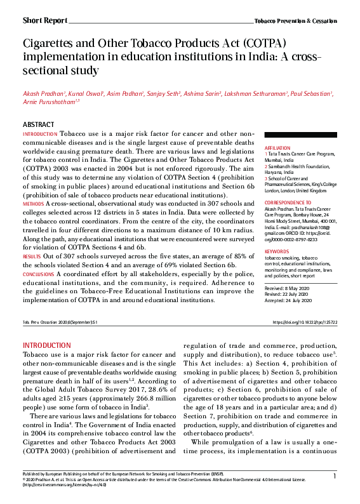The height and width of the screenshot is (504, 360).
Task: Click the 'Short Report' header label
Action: pyautogui.click(x=44, y=20)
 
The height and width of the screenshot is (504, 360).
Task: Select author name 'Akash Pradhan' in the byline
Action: pyautogui.click(x=43, y=94)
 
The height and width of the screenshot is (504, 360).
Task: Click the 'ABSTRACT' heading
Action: pyautogui.click(x=38, y=125)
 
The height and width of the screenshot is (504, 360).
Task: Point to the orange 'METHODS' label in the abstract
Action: pyautogui.click(x=33, y=204)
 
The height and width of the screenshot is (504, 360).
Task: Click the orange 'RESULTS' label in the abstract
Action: pyautogui.click(x=32, y=256)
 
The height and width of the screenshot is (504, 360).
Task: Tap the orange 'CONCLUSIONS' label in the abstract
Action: pyautogui.click(x=38, y=274)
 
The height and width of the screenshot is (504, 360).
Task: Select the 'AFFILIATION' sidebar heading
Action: pyautogui.click(x=277, y=147)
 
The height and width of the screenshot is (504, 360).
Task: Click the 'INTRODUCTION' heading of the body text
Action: pyautogui.click(x=48, y=345)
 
